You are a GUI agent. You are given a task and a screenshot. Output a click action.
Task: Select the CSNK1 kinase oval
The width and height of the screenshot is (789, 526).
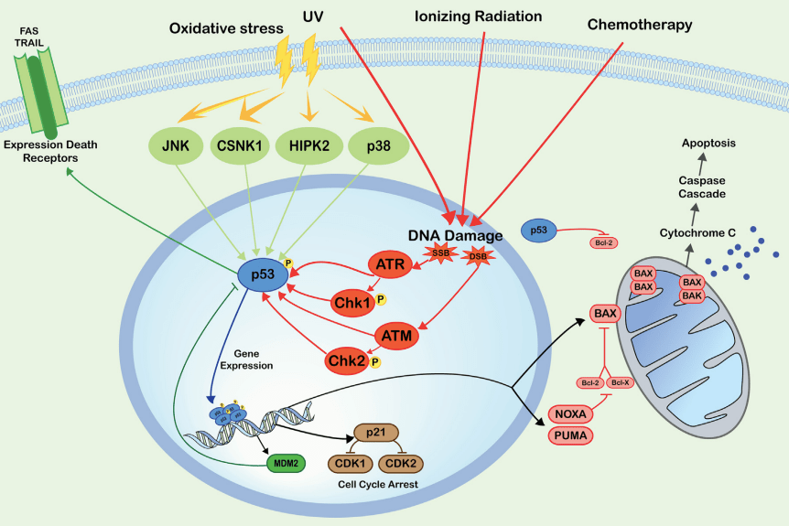pyautogui.click(x=240, y=145)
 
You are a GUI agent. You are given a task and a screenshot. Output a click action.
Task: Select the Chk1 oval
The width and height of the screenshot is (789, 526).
pyautogui.click(x=349, y=300)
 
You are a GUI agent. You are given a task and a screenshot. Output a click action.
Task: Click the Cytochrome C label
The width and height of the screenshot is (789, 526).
pyautogui.click(x=698, y=233)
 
